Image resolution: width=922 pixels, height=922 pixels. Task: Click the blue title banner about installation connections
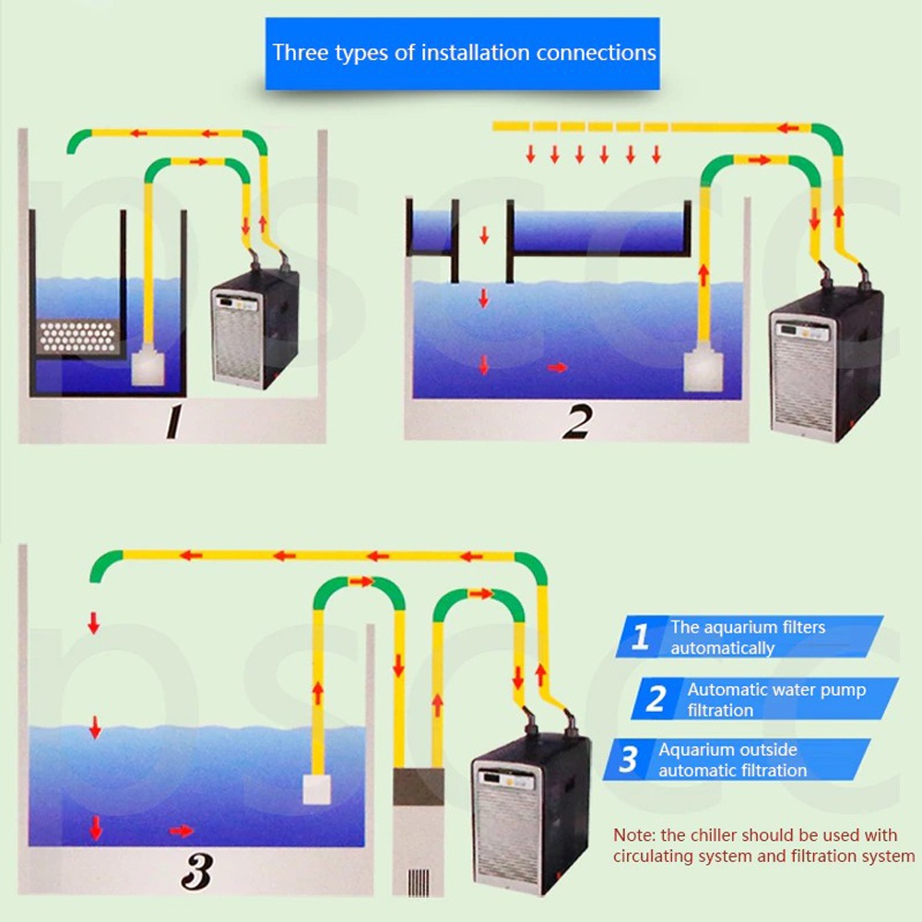pos(463,53)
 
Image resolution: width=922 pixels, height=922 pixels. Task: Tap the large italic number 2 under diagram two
pos(576,422)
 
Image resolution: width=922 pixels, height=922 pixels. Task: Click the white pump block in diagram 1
pos(148,370)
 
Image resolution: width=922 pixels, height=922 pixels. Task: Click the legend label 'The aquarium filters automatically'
pos(747,637)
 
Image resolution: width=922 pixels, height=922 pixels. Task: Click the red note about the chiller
pos(763,845)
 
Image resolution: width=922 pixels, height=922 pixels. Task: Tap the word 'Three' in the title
pos(301,52)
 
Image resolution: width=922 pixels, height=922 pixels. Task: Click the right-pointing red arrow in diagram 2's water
pos(558,367)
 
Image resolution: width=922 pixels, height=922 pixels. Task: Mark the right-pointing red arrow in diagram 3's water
pos(182,831)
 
